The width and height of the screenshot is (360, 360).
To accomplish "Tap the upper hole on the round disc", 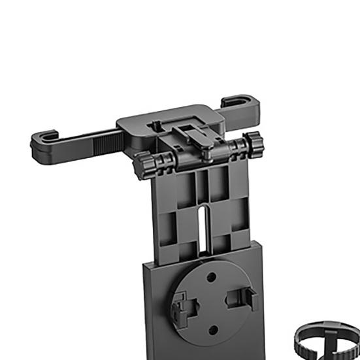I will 211,278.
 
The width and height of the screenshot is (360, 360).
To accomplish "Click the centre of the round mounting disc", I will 211,303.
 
